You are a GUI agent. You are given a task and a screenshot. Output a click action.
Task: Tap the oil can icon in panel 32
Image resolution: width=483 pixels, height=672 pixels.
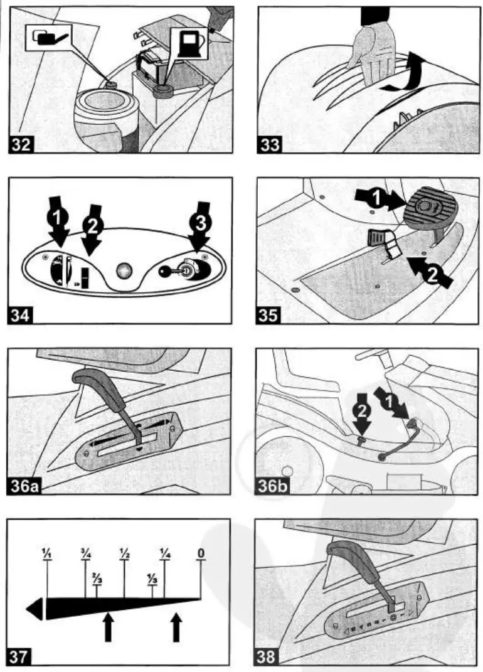(48, 38)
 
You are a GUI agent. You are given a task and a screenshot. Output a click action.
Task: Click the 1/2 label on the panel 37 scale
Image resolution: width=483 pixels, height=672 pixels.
(124, 553)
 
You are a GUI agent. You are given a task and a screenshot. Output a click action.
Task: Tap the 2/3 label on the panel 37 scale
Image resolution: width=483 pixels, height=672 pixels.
(97, 578)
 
